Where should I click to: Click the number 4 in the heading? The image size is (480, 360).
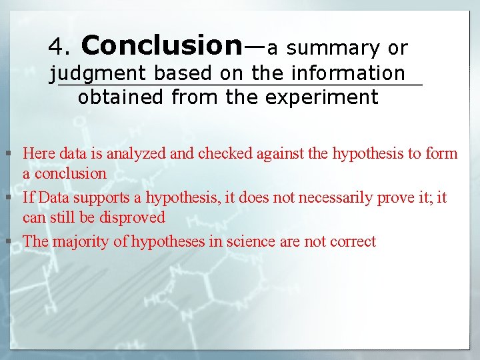click(x=55, y=47)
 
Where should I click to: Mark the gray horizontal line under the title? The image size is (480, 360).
click(x=240, y=85)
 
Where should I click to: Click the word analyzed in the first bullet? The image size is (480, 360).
click(x=137, y=153)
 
